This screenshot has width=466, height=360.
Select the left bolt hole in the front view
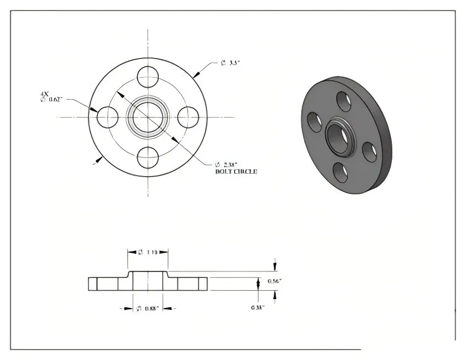(x=108, y=117)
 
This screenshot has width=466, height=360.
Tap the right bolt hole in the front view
(x=188, y=117)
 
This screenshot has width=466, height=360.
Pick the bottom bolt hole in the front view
(x=147, y=157)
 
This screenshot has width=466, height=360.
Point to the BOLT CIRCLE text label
(x=236, y=172)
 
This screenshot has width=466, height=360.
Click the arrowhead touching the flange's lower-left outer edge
(x=100, y=158)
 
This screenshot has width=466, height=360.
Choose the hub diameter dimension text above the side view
(x=147, y=252)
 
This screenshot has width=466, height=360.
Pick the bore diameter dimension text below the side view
(x=147, y=308)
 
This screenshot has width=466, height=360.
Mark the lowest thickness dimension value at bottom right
(x=258, y=307)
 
